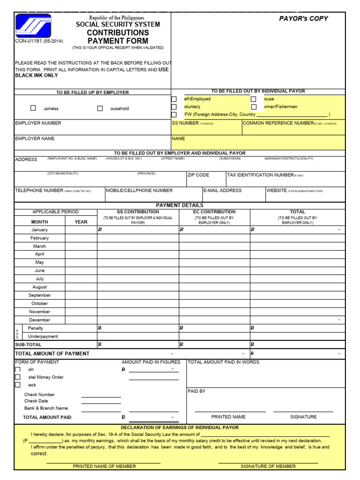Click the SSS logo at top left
tap(33, 26)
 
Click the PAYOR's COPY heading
tap(303, 19)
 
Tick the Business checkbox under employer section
tap(33, 108)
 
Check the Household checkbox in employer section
tap(100, 108)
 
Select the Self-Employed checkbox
tap(174, 99)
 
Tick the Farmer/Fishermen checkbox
tap(254, 107)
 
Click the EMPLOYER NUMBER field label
tap(38, 123)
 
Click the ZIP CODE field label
tap(198, 175)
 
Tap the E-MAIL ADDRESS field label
tap(223, 190)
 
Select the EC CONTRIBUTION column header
tap(214, 212)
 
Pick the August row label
tap(39, 287)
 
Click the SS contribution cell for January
tap(138, 230)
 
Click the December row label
tap(39, 320)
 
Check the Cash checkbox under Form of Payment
tap(18, 369)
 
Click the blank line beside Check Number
tap(101, 395)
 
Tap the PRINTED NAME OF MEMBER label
tap(104, 466)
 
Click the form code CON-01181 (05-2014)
tap(39, 41)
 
